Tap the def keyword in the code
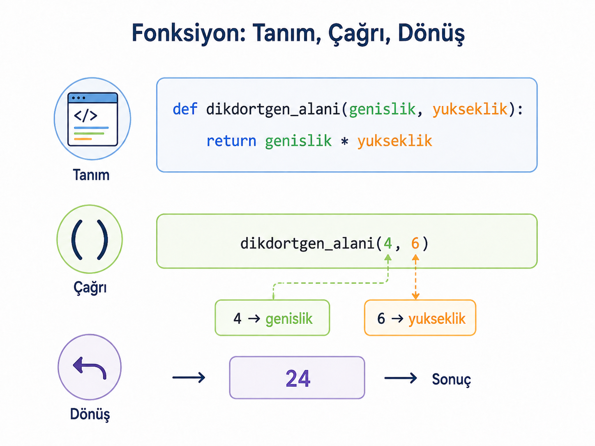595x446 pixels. pyautogui.click(x=185, y=109)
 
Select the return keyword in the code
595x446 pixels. pyautogui.click(x=231, y=141)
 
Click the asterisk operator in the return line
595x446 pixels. pyautogui.click(x=344, y=141)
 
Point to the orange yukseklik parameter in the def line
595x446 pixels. pyautogui.click(x=470, y=109)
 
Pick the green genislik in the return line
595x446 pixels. pyautogui.click(x=298, y=141)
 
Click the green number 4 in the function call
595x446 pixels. pyautogui.click(x=387, y=243)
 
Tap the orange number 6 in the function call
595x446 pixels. pyautogui.click(x=415, y=243)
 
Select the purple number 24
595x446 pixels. pyautogui.click(x=298, y=379)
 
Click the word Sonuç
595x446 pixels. pyautogui.click(x=451, y=379)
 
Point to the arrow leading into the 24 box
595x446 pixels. pyautogui.click(x=189, y=377)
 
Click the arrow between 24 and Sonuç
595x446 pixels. pyautogui.click(x=401, y=378)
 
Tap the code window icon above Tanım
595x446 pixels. pyautogui.click(x=92, y=119)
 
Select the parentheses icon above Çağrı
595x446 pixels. pyautogui.click(x=90, y=239)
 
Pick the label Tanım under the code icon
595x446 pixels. pyautogui.click(x=91, y=175)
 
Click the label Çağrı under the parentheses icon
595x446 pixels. pyautogui.click(x=90, y=287)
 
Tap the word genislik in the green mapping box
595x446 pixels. pyautogui.click(x=289, y=318)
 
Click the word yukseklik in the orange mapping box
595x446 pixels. pyautogui.click(x=437, y=318)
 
